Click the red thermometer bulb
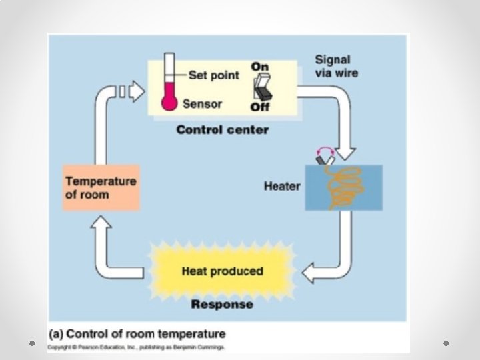(169, 103)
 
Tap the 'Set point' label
(213, 75)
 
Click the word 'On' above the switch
(259, 67)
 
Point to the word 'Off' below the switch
(259, 107)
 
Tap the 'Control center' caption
(222, 129)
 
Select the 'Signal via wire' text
(335, 66)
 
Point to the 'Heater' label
(282, 185)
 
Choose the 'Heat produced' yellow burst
(222, 271)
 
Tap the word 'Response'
(222, 305)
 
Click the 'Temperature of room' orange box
(101, 187)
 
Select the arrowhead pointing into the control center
(137, 91)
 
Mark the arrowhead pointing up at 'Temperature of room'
(102, 226)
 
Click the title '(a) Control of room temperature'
(137, 334)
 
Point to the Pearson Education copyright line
(136, 347)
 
